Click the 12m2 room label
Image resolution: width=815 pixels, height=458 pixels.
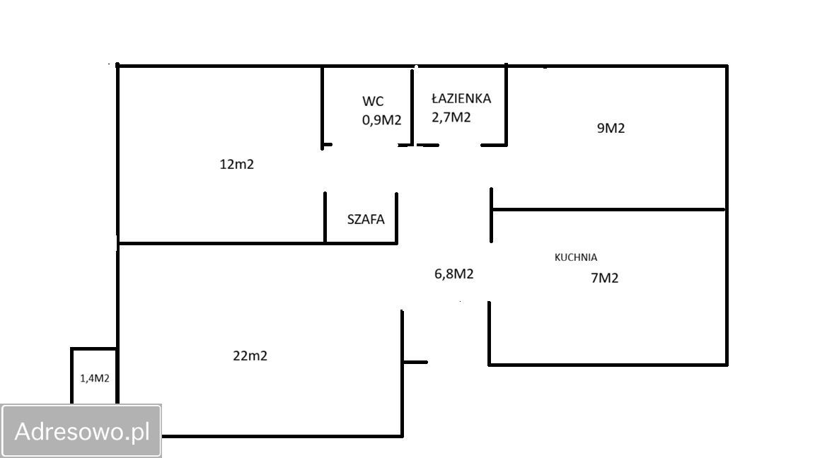click(236, 165)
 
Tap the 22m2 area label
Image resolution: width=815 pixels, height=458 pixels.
click(250, 356)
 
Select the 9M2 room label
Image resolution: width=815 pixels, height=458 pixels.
click(611, 128)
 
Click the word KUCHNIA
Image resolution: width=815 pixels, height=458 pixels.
click(576, 257)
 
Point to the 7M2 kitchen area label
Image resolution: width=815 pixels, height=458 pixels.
click(604, 278)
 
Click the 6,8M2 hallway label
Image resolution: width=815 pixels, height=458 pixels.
click(453, 274)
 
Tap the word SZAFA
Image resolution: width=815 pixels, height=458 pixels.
click(366, 219)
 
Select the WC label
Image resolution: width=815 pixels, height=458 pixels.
click(374, 101)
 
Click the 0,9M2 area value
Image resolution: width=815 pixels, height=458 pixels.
click(381, 120)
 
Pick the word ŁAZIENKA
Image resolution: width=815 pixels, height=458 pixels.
click(461, 98)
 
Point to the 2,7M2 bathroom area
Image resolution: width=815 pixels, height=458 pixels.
click(451, 117)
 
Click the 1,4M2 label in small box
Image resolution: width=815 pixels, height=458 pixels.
click(95, 379)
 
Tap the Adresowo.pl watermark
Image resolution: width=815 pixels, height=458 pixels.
click(81, 431)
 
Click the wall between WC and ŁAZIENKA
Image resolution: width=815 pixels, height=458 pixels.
click(412, 107)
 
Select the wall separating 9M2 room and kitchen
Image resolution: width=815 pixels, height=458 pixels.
click(608, 209)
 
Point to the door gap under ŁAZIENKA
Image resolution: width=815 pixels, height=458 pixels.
click(460, 145)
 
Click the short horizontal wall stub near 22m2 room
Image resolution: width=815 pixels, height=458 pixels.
click(415, 362)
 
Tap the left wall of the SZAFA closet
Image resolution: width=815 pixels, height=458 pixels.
click(325, 217)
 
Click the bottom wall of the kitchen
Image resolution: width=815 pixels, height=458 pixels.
click(608, 365)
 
